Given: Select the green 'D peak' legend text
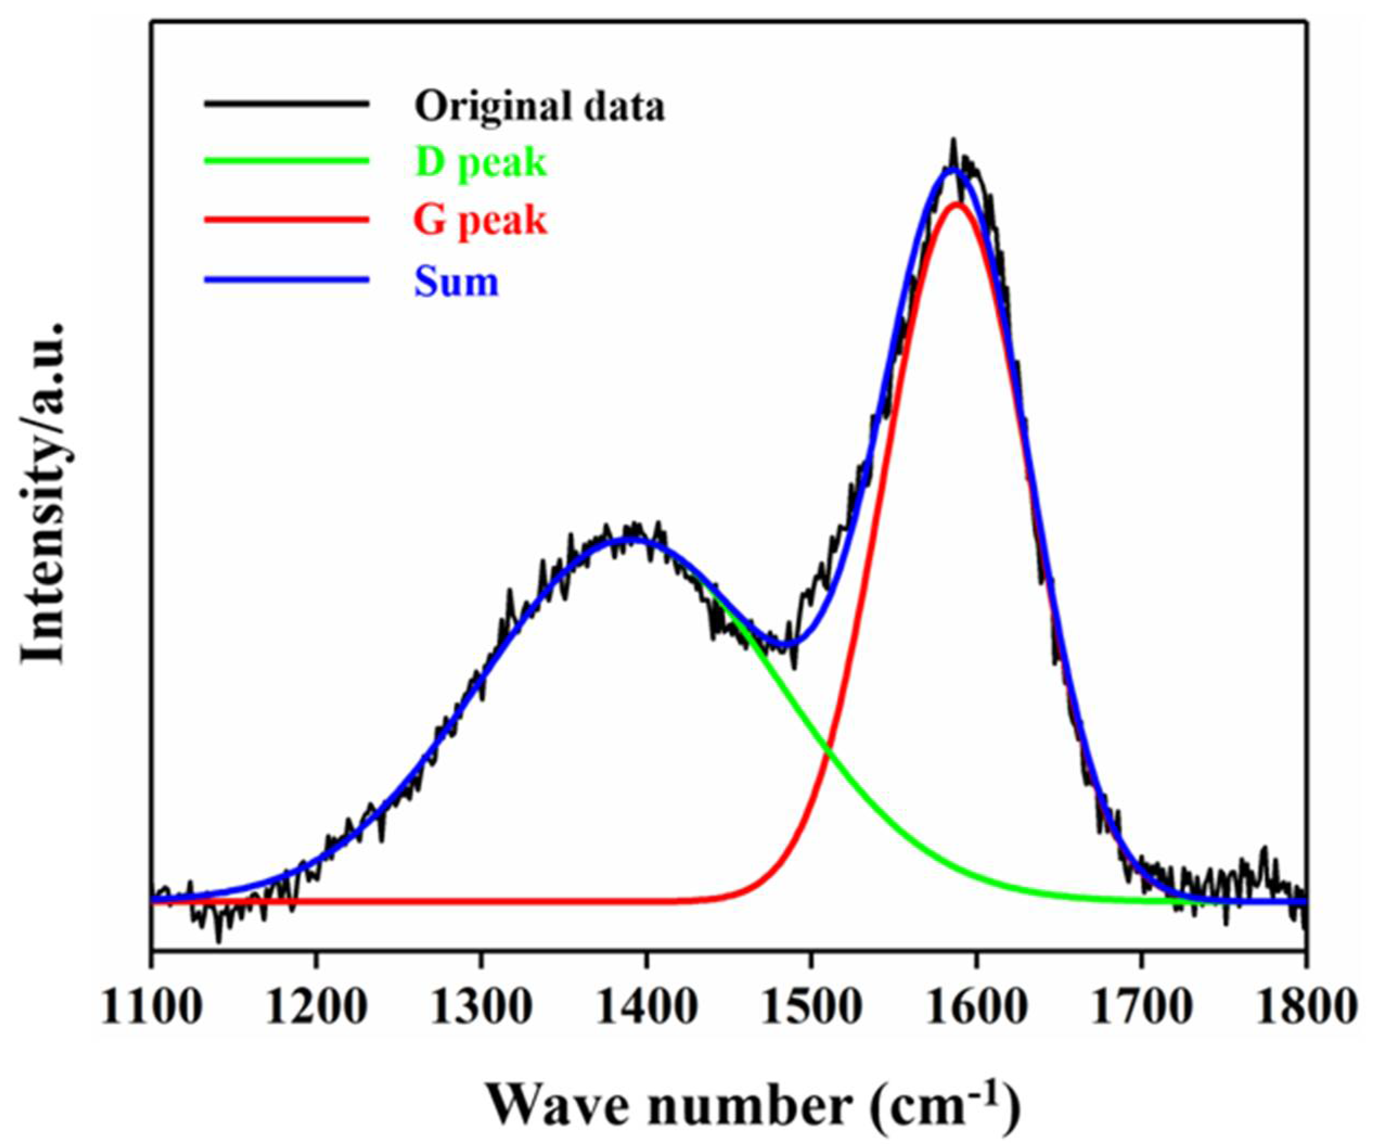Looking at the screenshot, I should click(480, 163).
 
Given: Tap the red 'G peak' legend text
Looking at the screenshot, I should click(480, 221).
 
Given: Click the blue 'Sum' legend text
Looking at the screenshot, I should click(456, 281).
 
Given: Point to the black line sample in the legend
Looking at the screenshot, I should click(286, 104).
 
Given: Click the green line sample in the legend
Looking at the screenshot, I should click(286, 160).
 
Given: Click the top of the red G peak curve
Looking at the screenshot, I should click(957, 204).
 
